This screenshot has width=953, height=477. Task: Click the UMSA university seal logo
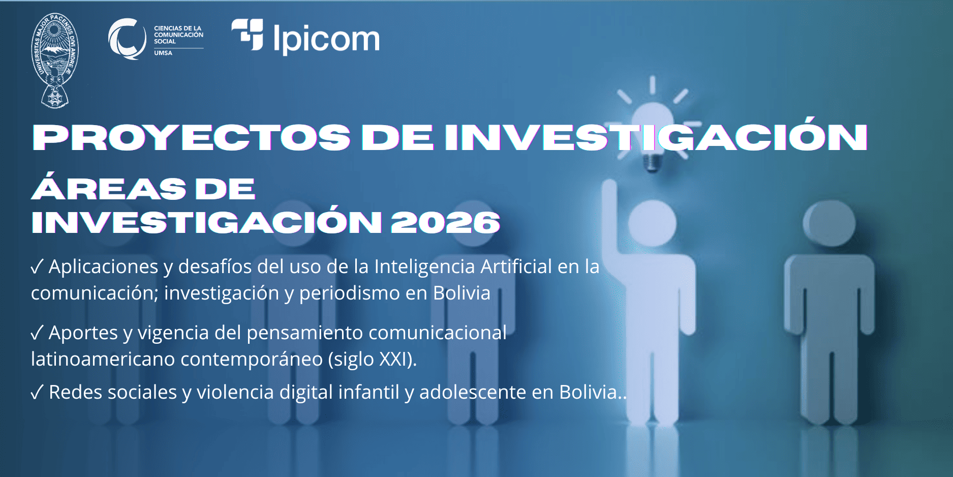(55, 61)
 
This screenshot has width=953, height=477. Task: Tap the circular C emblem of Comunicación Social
(127, 39)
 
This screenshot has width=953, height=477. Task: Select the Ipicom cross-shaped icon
(248, 35)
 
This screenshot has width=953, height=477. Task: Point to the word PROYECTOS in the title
(192, 137)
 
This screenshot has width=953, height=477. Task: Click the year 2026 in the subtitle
(445, 222)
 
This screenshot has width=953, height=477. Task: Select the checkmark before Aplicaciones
(37, 266)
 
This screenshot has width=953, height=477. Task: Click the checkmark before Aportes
(37, 333)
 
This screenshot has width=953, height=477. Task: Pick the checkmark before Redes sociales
(37, 392)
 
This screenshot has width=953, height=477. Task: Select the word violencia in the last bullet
(235, 392)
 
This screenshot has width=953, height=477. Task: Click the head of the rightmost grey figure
(829, 223)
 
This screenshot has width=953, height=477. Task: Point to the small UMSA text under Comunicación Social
(163, 53)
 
